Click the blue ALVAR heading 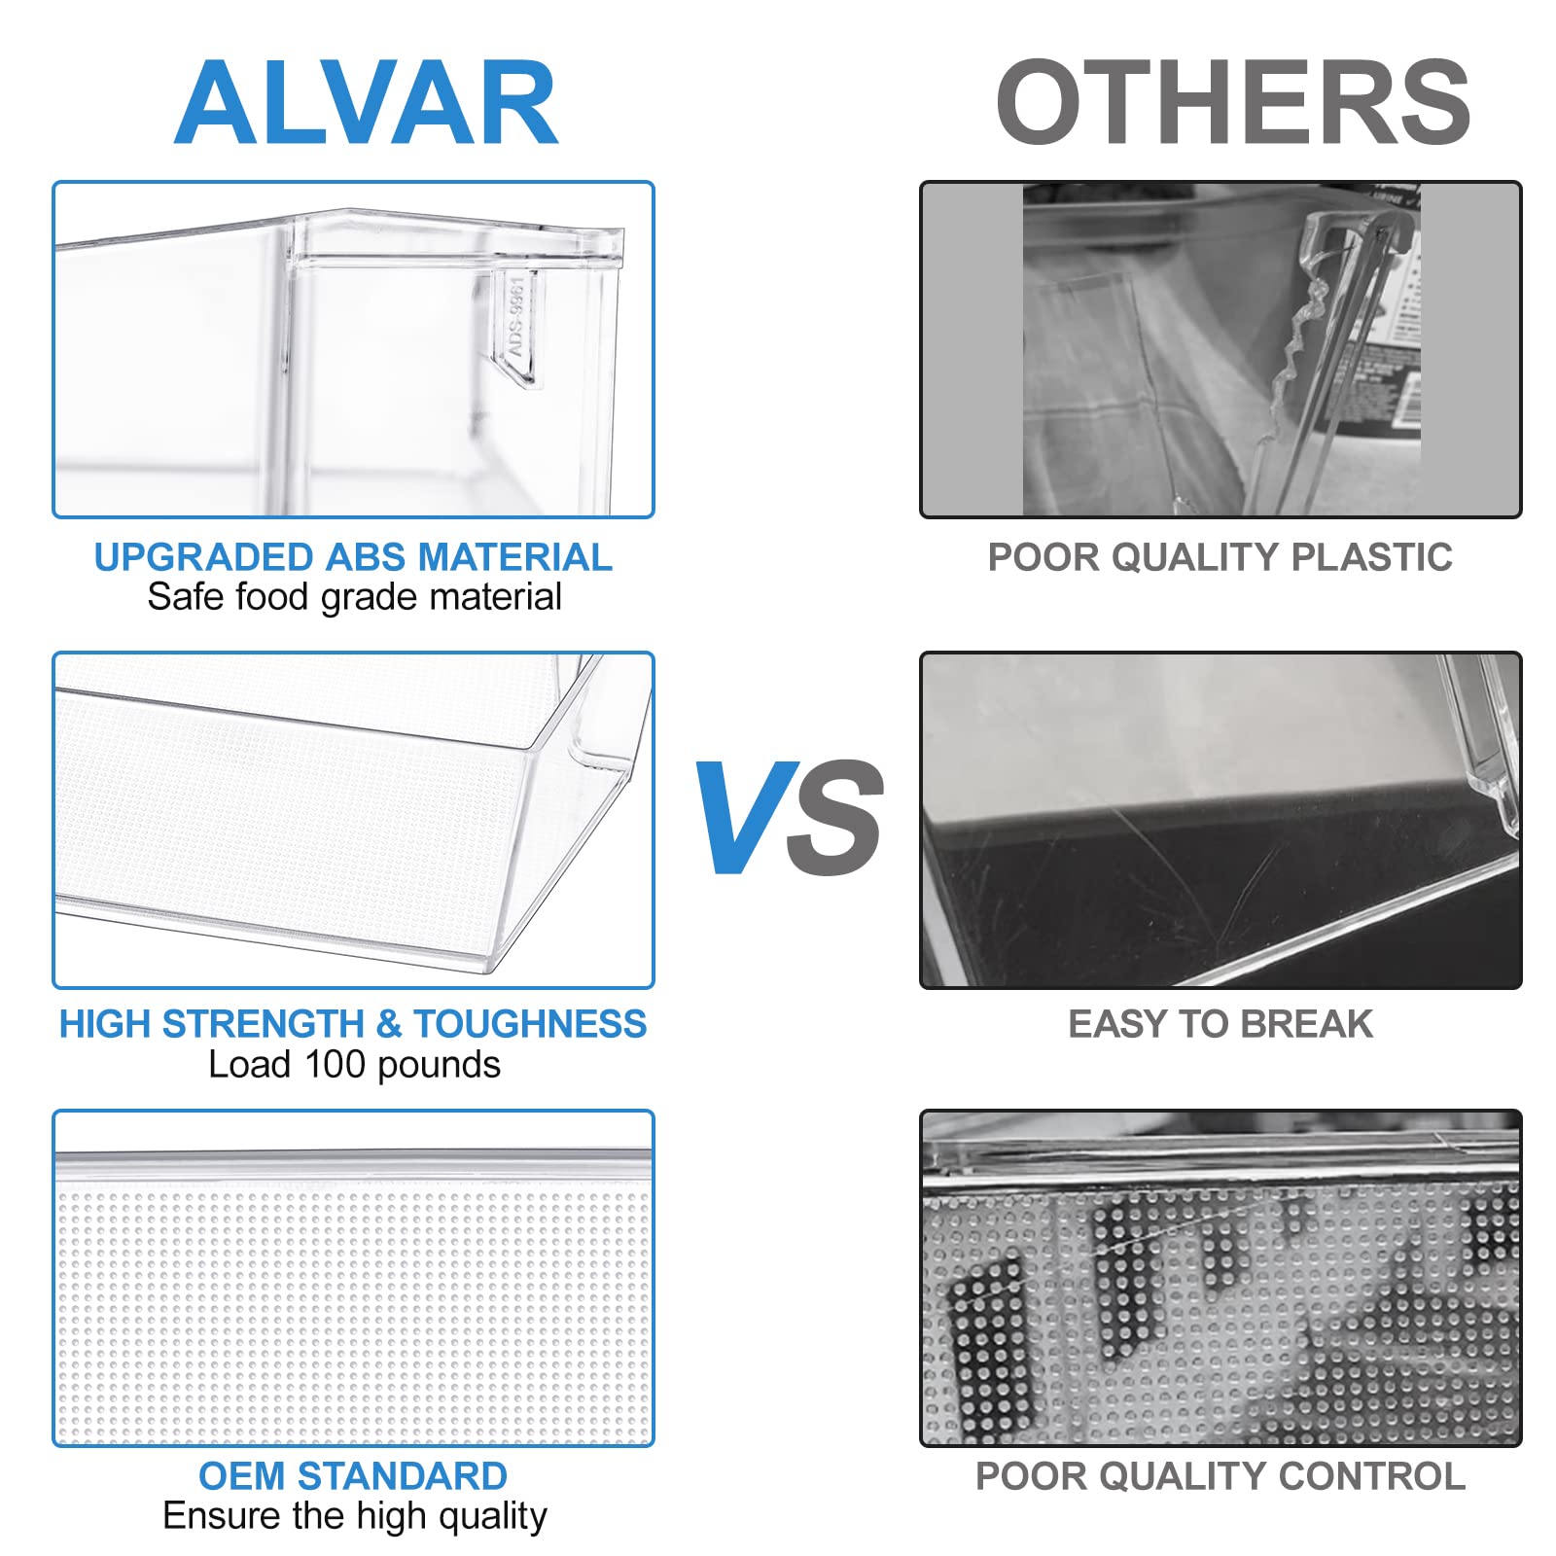366,102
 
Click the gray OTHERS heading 1233,102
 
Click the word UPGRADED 205,557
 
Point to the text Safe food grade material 354,597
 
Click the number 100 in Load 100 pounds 335,1065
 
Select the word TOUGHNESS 530,1024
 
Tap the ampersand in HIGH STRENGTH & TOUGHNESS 388,1024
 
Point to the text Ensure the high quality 355,1516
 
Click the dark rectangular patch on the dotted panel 988,1342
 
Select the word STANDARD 402,1476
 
